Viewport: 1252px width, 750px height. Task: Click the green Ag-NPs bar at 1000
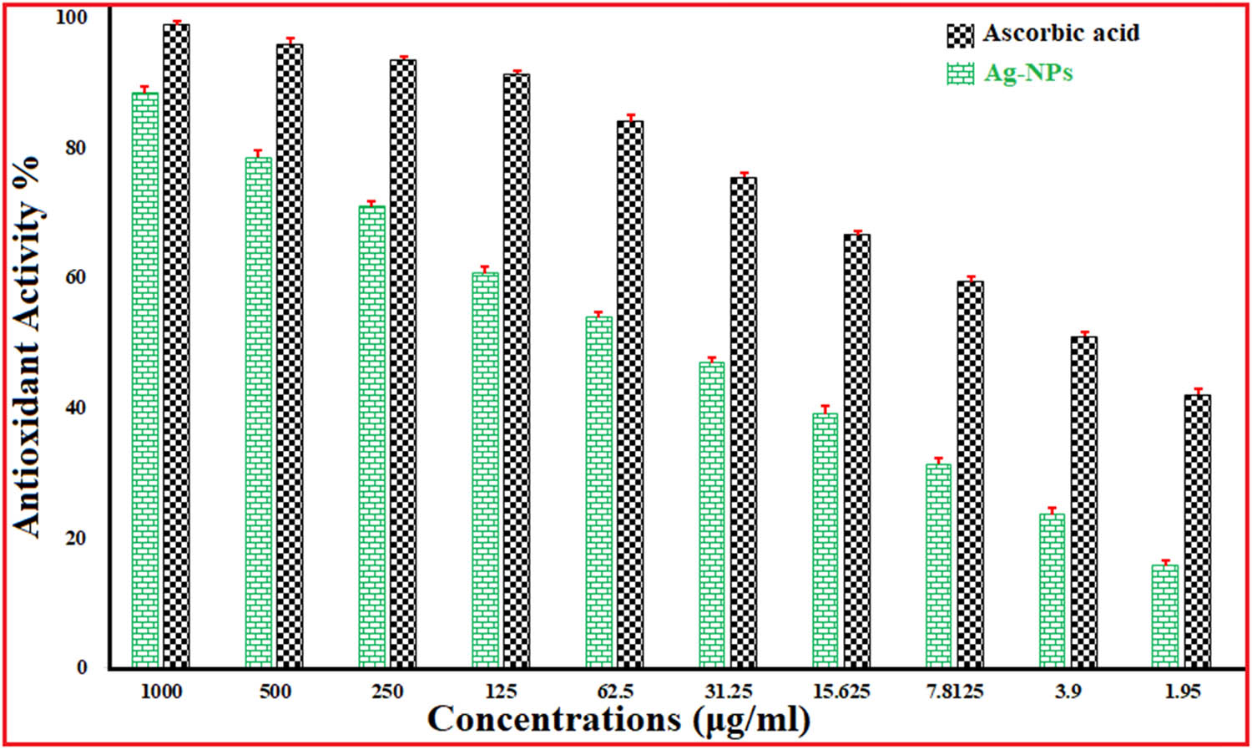[x=144, y=380]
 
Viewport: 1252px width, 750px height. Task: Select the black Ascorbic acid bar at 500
[x=290, y=356]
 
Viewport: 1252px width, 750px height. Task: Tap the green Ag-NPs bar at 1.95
[x=1165, y=616]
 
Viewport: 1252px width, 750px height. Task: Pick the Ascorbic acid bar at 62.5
[x=630, y=394]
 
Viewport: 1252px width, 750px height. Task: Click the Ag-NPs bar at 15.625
[x=825, y=540]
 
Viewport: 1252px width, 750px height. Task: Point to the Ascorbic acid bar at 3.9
[x=1084, y=502]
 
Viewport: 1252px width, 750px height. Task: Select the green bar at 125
[x=485, y=470]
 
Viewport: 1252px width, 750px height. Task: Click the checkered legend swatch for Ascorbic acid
[x=960, y=35]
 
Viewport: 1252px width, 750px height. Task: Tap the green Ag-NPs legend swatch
[x=960, y=73]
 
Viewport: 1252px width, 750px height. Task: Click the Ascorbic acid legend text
[x=1061, y=33]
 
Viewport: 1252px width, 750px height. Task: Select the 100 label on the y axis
[x=71, y=17]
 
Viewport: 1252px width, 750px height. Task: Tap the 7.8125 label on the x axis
[x=955, y=692]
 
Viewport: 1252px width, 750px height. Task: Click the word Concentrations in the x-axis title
[x=553, y=719]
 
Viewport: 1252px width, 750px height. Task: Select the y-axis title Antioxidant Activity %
[x=27, y=346]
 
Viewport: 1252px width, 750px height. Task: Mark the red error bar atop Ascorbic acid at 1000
[x=176, y=23]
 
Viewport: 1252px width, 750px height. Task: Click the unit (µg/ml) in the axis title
[x=751, y=720]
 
